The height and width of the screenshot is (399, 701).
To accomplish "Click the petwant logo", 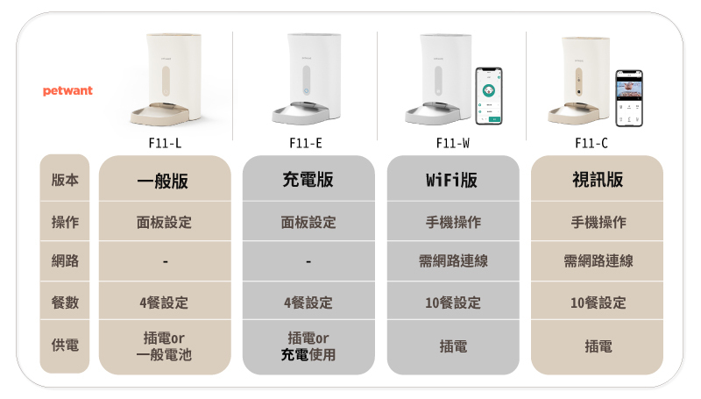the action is pos(67,91).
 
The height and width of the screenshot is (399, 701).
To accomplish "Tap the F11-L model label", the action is pos(165,143).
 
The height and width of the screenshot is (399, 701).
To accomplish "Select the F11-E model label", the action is pos(306,143).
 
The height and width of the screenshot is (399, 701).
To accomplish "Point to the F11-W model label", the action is pos(453,143).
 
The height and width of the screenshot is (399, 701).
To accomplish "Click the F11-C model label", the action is pos(591,143).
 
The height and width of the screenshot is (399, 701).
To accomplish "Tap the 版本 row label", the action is pos(65,180).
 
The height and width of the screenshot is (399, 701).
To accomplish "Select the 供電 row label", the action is pos(65,345).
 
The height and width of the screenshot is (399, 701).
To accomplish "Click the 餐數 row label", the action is pos(65,303).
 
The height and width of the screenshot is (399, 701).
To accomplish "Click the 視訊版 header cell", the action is pos(598,180).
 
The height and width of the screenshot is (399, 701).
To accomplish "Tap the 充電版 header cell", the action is pos(308,180).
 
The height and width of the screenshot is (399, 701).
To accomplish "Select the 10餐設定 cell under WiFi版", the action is pos(453,303).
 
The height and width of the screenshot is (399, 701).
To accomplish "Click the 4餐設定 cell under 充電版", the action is pos(308,303).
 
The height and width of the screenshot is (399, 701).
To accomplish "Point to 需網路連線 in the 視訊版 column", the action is pos(598,260).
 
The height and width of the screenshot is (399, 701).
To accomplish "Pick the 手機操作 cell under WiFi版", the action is pos(453,223).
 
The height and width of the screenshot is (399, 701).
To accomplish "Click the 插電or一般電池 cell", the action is pos(164,346).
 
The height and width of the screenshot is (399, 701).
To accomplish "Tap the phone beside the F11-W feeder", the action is pos(489,96).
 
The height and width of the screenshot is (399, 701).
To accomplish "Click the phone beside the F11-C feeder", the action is pos(629,98).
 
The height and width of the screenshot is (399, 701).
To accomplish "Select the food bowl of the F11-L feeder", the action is pos(159,115).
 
